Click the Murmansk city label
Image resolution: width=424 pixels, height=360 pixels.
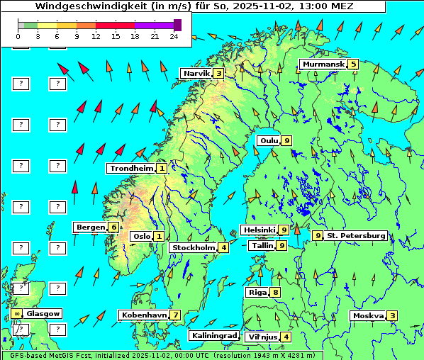pyautogui.click(x=323, y=64)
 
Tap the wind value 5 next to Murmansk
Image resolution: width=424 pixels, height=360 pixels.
pyautogui.click(x=353, y=64)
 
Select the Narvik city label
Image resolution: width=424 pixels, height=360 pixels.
pyautogui.click(x=196, y=73)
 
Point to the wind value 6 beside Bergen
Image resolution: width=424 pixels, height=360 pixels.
pyautogui.click(x=113, y=227)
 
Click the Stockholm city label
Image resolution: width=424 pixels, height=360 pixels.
pyautogui.click(x=193, y=247)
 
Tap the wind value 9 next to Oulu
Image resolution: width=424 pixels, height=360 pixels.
pyautogui.click(x=286, y=140)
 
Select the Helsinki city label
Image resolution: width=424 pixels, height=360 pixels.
pyautogui.click(x=258, y=230)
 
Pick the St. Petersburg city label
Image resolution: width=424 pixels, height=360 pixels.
pyautogui.click(x=355, y=235)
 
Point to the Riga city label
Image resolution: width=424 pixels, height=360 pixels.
pyautogui.click(x=256, y=292)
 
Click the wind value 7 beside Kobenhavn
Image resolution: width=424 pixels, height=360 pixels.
pyautogui.click(x=175, y=315)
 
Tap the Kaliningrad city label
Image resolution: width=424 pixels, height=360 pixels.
pyautogui.click(x=213, y=335)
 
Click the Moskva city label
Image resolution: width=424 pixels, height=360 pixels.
pyautogui.click(x=368, y=316)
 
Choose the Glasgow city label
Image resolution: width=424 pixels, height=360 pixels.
pyautogui.click(x=43, y=313)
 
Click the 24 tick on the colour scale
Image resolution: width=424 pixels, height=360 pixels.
pyautogui.click(x=174, y=36)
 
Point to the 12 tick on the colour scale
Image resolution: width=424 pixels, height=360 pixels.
pyautogui.click(x=96, y=36)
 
